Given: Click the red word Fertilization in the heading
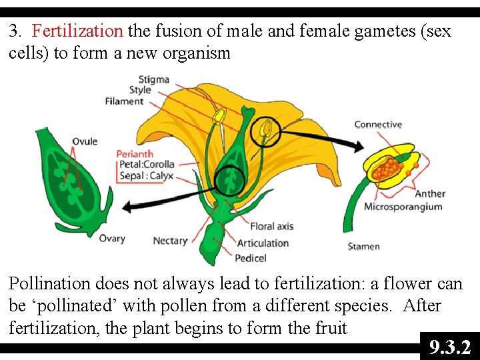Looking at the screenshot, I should (77, 31).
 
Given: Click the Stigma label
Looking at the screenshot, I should (154, 80).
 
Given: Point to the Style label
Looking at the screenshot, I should (140, 91).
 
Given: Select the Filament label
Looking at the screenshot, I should (124, 101).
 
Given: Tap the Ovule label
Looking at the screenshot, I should (85, 141).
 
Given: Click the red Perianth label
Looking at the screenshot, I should (135, 153).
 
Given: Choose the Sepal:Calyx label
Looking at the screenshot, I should (146, 176).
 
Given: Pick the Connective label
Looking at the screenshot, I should (378, 125).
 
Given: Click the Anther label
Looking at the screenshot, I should (430, 194).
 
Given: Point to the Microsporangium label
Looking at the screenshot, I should (403, 207).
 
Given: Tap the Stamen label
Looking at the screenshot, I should (363, 247).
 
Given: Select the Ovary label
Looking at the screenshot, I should (112, 239).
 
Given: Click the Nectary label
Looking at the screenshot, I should (170, 241).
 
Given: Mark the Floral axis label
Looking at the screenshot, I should (271, 227).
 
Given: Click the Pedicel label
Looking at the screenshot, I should (251, 258).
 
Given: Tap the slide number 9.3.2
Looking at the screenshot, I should (450, 347).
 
